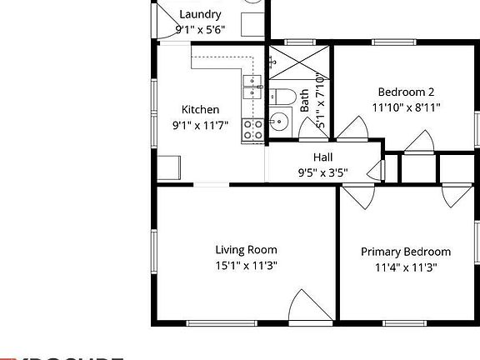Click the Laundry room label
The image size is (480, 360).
(x=200, y=14)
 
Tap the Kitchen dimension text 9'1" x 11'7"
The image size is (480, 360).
(x=200, y=125)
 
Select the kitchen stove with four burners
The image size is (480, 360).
(x=253, y=129)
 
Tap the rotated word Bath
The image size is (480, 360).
(x=305, y=101)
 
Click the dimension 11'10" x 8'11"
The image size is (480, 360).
(x=406, y=107)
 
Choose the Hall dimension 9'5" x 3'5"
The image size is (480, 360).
(x=322, y=173)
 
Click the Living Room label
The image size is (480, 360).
(x=246, y=250)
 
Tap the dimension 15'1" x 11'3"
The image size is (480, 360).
(x=246, y=266)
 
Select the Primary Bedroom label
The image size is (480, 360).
(x=406, y=252)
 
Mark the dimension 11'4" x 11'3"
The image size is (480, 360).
(x=406, y=267)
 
